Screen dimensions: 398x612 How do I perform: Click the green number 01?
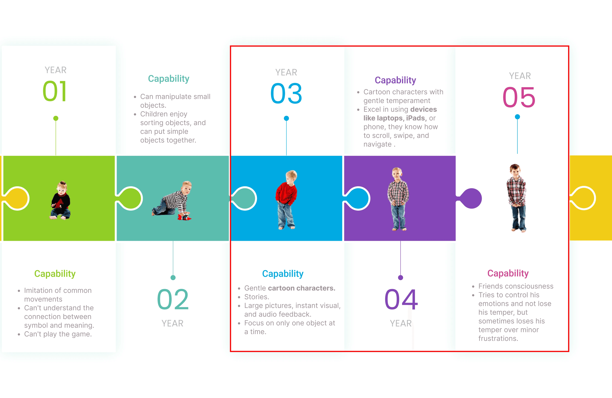(x=55, y=91)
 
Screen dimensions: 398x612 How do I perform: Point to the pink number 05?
(x=519, y=97)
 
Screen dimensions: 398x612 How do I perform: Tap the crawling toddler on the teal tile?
(x=172, y=199)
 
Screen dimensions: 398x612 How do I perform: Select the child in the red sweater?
(x=286, y=199)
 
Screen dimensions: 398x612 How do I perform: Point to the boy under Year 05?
(x=517, y=198)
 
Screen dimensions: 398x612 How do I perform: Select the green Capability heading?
(x=55, y=273)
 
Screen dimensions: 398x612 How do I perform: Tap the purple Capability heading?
(x=395, y=80)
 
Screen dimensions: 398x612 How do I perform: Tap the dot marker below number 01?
(x=56, y=118)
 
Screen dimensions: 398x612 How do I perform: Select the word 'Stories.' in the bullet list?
(x=257, y=297)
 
